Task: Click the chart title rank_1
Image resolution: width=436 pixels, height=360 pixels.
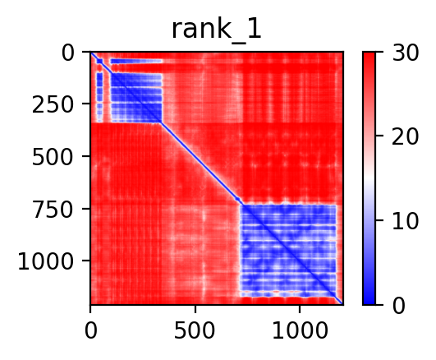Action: pyautogui.click(x=217, y=30)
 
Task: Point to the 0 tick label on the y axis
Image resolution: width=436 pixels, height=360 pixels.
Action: pyautogui.click(x=68, y=53)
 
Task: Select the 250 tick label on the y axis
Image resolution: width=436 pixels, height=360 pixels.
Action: pyautogui.click(x=53, y=105)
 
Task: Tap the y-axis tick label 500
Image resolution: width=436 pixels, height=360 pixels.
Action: pyautogui.click(x=53, y=157)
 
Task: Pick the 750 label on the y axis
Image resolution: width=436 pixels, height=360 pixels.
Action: pyautogui.click(x=53, y=210)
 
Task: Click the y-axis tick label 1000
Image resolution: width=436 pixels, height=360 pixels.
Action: pyautogui.click(x=46, y=261)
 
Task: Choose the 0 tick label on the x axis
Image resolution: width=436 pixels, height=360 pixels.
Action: pyautogui.click(x=90, y=330)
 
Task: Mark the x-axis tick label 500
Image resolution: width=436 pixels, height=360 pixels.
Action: pyautogui.click(x=195, y=330)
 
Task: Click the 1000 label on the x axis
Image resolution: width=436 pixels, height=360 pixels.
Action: pyautogui.click(x=300, y=330)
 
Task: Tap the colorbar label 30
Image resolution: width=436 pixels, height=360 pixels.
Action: pyautogui.click(x=405, y=53)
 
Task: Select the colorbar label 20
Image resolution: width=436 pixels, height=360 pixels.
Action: pyautogui.click(x=405, y=136)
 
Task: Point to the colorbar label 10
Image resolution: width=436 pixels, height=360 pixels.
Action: pyautogui.click(x=405, y=221)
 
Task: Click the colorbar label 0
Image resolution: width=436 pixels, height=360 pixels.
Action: pyautogui.click(x=398, y=306)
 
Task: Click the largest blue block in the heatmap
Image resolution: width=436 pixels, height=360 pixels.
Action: pyautogui.click(x=288, y=251)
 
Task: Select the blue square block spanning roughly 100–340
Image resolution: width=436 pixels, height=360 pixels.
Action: pyautogui.click(x=136, y=98)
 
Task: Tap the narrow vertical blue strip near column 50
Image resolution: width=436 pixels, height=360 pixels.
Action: pyautogui.click(x=99, y=97)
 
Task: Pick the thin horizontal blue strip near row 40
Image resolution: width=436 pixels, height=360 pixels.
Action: pyautogui.click(x=136, y=61)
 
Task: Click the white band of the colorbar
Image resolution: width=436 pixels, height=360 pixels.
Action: pyautogui.click(x=369, y=178)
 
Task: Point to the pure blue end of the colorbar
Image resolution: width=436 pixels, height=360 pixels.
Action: pyautogui.click(x=369, y=302)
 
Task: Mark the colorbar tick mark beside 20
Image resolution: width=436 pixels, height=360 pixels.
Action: pyautogui.click(x=379, y=136)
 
